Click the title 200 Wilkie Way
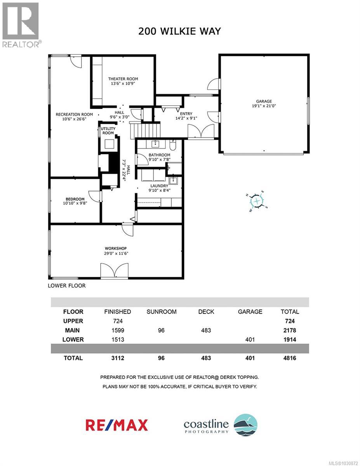click(x=179, y=31)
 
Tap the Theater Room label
click(x=123, y=79)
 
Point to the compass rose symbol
click(x=257, y=201)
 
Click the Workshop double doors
click(x=114, y=271)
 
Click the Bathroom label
click(x=159, y=155)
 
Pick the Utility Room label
click(x=108, y=130)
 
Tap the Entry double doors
click(x=200, y=131)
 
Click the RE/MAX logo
click(x=117, y=425)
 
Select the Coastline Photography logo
click(x=220, y=425)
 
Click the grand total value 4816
click(x=290, y=358)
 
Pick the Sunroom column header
click(x=161, y=311)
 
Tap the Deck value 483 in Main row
click(x=206, y=330)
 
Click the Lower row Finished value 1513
click(x=117, y=339)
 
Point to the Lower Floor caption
click(x=66, y=285)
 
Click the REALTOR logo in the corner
click(x=21, y=24)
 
